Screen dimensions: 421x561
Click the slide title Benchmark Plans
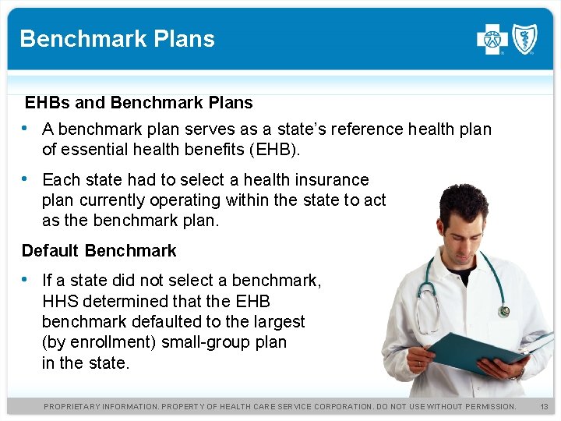117,39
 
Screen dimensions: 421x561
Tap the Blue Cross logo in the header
492,39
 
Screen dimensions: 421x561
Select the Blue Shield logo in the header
524,39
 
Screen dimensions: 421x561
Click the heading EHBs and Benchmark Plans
139,103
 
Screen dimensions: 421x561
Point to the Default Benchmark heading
99,251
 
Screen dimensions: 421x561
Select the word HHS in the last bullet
60,301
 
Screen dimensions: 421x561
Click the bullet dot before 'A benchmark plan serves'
26,128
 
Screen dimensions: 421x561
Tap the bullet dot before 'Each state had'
26,179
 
